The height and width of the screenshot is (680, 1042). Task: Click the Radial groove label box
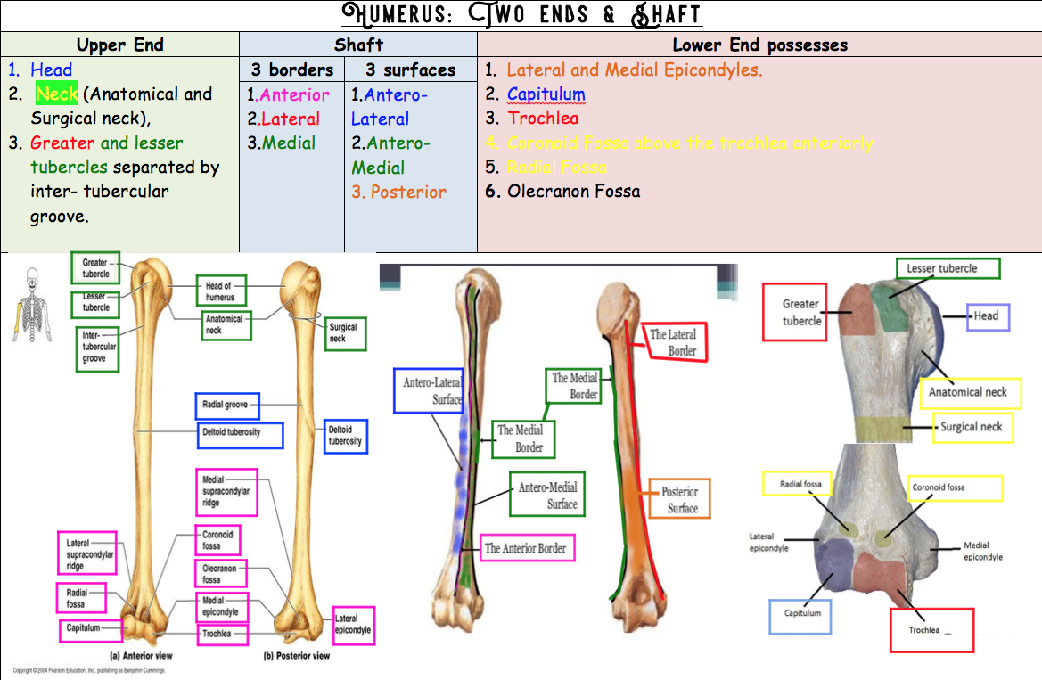226,406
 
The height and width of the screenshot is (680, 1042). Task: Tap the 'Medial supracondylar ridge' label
226,491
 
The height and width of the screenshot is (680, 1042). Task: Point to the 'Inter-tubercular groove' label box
97,348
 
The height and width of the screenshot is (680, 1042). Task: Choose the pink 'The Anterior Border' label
525,548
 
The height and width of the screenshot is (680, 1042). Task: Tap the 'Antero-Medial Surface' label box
547,495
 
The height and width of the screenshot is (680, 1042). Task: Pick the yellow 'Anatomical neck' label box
969,392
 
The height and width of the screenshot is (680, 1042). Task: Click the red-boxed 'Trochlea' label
931,630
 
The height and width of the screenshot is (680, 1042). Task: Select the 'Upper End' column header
119,45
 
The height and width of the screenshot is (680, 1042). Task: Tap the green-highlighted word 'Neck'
56,94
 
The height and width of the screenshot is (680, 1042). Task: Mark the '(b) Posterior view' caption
296,656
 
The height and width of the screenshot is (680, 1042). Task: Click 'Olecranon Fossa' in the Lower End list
573,191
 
